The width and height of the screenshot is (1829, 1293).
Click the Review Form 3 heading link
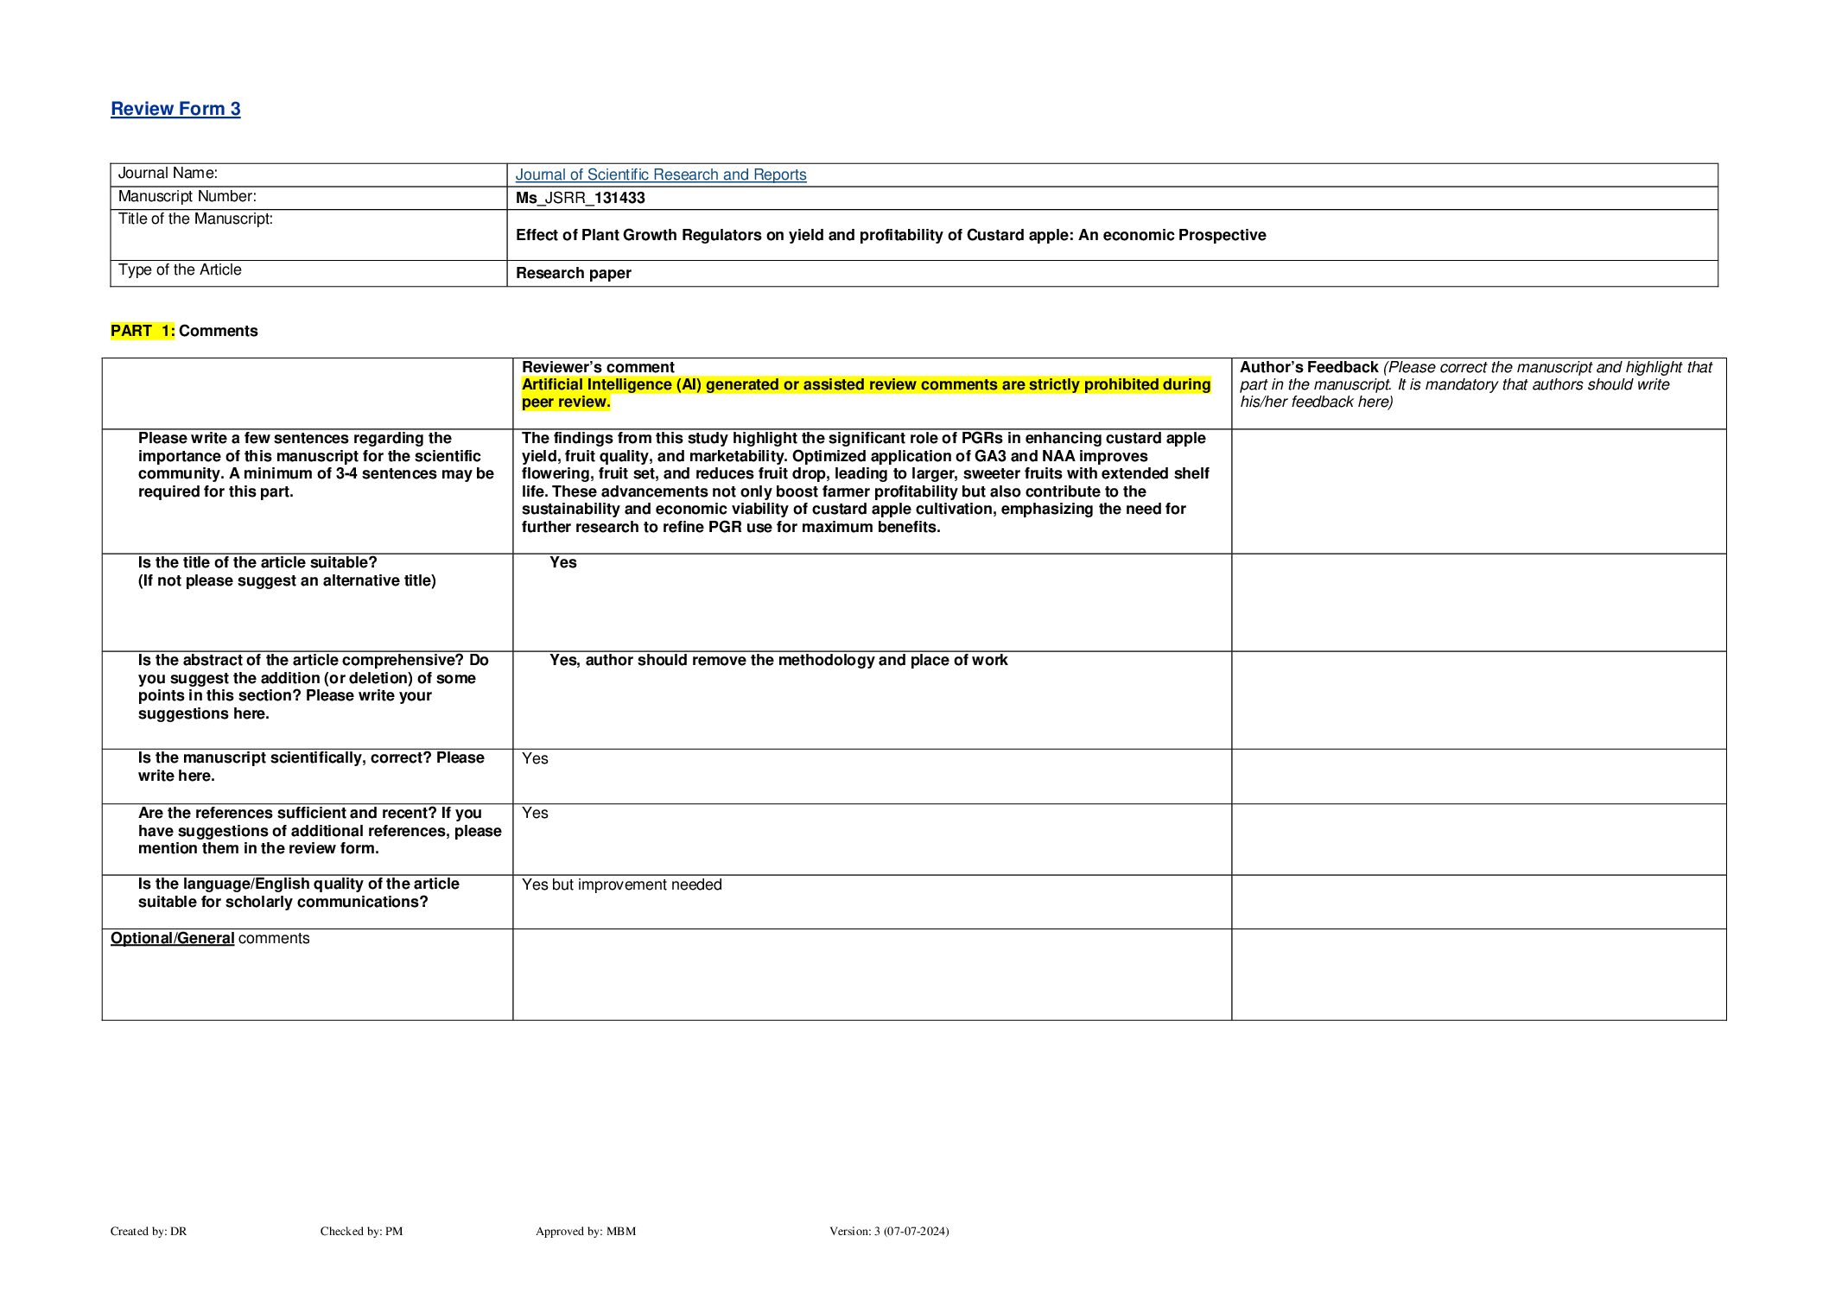[175, 109]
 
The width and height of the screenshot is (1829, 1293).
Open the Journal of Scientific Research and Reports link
[660, 174]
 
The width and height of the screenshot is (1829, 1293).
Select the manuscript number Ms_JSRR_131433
[580, 198]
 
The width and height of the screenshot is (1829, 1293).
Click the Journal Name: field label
[168, 174]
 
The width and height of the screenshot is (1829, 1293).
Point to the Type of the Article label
[180, 270]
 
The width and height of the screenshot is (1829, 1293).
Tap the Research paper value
[573, 273]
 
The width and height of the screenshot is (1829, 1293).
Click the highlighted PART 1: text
[143, 331]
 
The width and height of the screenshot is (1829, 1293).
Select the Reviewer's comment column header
[598, 367]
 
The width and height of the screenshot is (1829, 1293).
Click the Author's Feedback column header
[1308, 367]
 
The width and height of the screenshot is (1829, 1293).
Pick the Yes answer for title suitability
[562, 562]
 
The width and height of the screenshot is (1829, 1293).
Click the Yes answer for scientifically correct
[535, 758]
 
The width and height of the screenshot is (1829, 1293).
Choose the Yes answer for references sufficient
[535, 813]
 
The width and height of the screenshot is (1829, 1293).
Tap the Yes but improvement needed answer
[621, 884]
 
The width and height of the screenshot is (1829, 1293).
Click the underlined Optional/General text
[172, 938]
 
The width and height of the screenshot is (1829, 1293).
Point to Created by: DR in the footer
[149, 1231]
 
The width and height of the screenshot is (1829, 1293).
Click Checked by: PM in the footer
[361, 1231]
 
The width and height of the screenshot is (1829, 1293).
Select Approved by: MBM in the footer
[585, 1231]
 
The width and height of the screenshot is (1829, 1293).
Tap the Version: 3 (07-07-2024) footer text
[888, 1231]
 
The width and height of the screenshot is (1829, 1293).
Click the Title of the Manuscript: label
[195, 219]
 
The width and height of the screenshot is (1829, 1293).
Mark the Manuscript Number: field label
[187, 197]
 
